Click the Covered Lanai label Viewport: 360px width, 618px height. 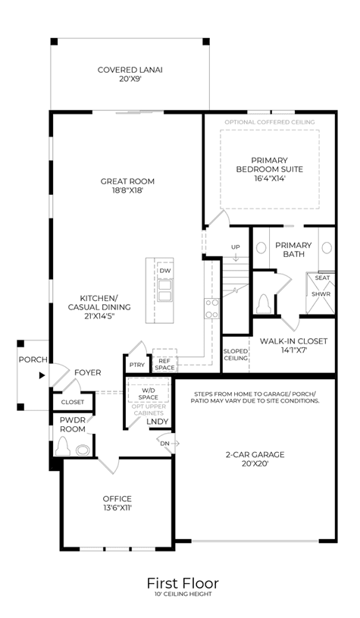pyautogui.click(x=130, y=71)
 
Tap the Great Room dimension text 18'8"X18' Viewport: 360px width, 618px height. pyautogui.click(x=127, y=191)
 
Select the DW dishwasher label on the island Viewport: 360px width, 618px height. pyautogui.click(x=165, y=271)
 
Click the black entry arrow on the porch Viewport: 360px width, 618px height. pyautogui.click(x=42, y=375)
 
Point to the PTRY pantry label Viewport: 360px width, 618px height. pyautogui.click(x=137, y=365)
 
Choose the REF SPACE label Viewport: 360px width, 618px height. pyautogui.click(x=164, y=364)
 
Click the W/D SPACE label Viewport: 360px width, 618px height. pyautogui.click(x=148, y=394)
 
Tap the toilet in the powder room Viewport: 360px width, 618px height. pyautogui.click(x=63, y=447)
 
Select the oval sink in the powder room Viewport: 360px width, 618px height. pyautogui.click(x=83, y=450)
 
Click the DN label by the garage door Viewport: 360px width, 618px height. pyautogui.click(x=164, y=444)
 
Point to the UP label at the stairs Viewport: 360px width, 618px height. pyautogui.click(x=236, y=247)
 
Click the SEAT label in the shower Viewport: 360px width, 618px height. pyautogui.click(x=322, y=278)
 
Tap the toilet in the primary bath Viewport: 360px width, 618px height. pyautogui.click(x=264, y=304)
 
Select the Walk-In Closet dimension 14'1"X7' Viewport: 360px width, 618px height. pyautogui.click(x=293, y=350)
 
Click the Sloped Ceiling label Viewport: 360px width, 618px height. pyautogui.click(x=236, y=354)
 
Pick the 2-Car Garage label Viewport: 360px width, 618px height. pyautogui.click(x=255, y=454)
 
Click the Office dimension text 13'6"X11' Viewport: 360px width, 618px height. pyautogui.click(x=117, y=508)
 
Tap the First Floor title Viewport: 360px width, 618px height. pyautogui.click(x=183, y=583)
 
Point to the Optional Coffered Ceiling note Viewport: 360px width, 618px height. pyautogui.click(x=270, y=122)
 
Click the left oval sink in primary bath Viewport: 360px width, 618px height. pyautogui.click(x=261, y=248)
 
